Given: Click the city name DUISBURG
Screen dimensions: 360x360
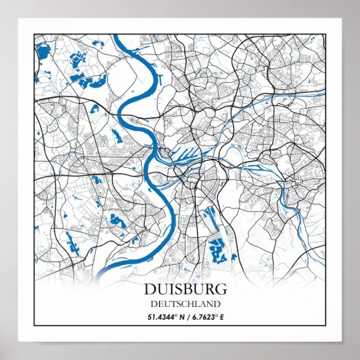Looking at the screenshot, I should pyautogui.click(x=180, y=290).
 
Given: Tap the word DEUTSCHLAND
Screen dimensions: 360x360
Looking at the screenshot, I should pyautogui.click(x=180, y=304).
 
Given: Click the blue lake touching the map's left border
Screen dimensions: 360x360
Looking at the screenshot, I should pyautogui.click(x=42, y=51).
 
